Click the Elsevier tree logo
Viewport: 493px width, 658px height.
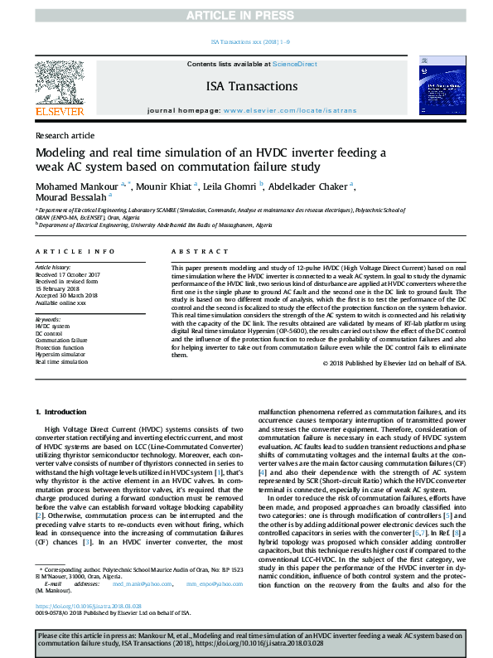59,84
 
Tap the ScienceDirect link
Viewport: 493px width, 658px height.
294,65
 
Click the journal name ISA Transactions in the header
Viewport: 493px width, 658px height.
251,87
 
